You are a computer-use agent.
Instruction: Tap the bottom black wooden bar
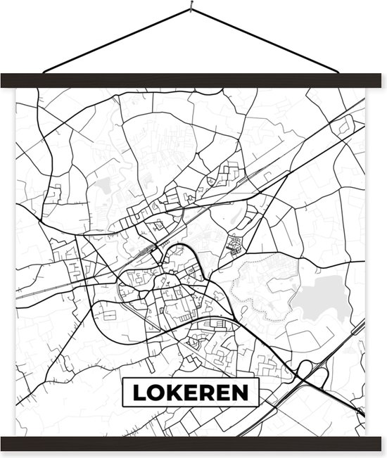(193, 444)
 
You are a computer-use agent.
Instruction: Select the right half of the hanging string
(271, 41)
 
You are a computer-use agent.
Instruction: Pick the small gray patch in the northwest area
(103, 185)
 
